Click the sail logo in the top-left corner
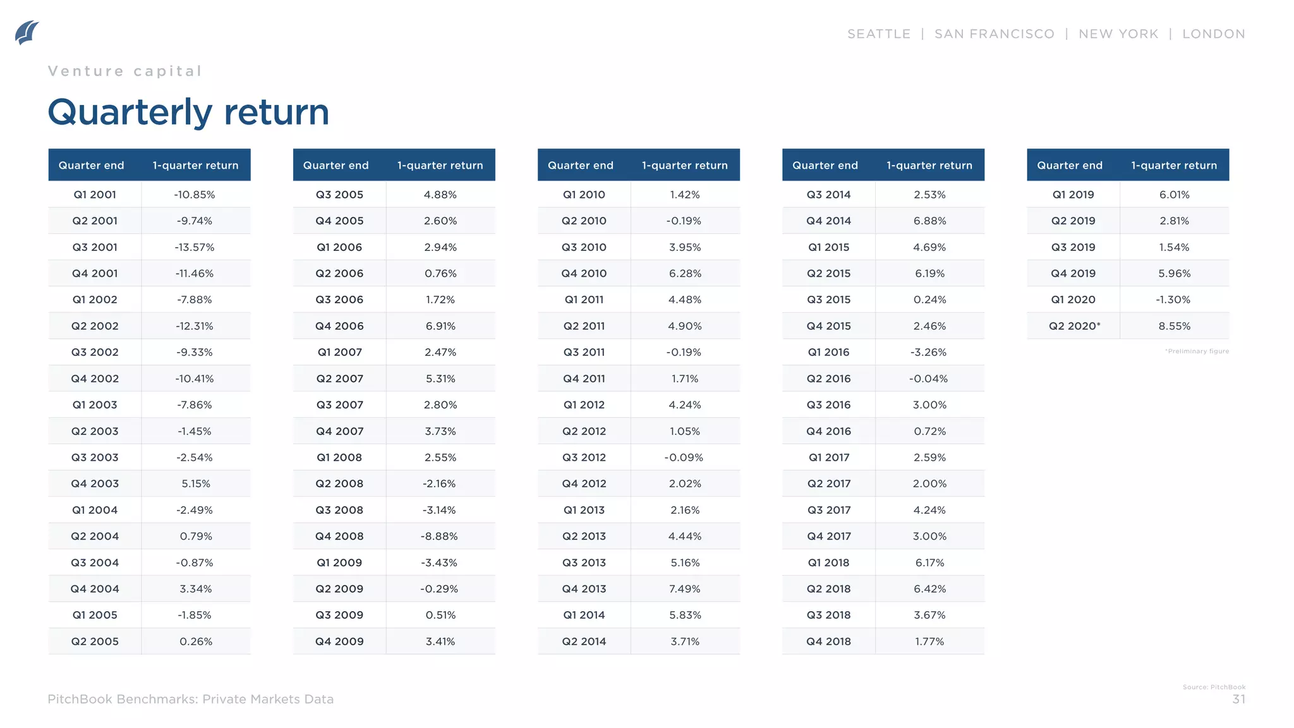(27, 33)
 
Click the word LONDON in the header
(1213, 34)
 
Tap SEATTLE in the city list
(878, 34)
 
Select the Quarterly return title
(188, 112)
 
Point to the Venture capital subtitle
(125, 71)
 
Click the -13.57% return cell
(195, 247)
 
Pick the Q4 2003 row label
(95, 483)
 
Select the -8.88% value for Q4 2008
(439, 536)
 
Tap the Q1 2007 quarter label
(339, 352)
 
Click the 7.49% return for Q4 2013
(685, 588)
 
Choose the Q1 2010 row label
(584, 195)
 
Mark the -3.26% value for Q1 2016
(929, 352)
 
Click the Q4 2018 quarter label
(828, 641)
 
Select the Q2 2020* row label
(1074, 326)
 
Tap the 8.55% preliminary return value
(1174, 326)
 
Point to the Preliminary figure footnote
(1197, 351)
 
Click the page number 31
(1238, 699)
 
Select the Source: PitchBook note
(1214, 687)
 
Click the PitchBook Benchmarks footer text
(190, 699)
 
